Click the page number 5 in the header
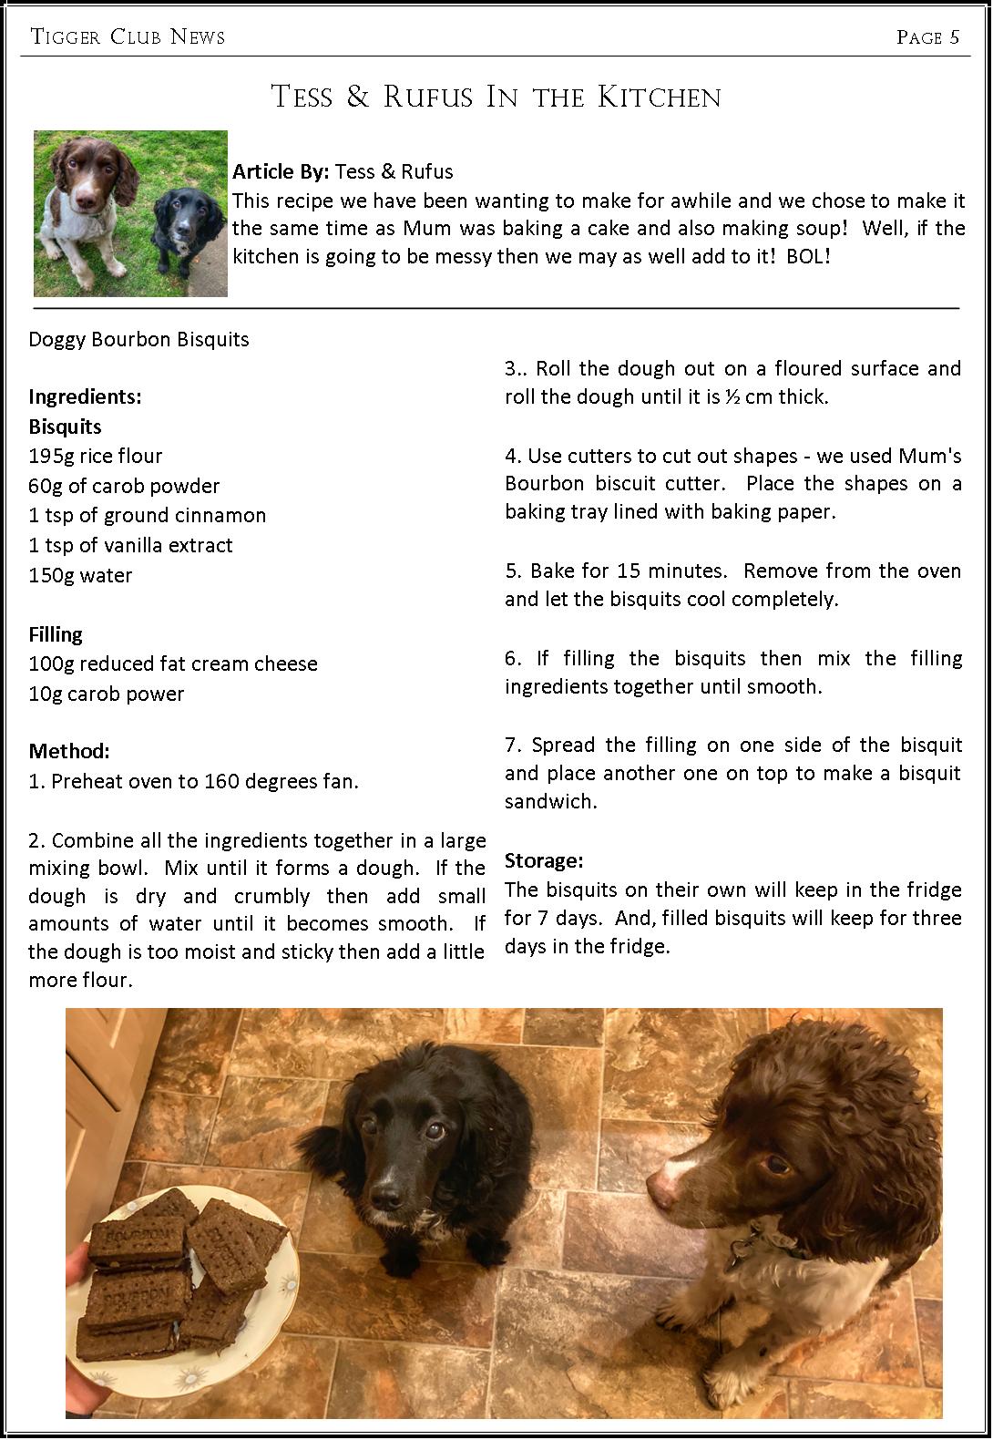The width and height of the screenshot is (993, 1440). (954, 37)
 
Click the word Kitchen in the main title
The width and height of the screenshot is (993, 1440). (660, 98)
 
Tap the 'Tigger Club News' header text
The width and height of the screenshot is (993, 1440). (128, 37)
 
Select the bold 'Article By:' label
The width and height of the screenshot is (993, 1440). (281, 171)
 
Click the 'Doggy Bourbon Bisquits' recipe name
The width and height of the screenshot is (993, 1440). (138, 339)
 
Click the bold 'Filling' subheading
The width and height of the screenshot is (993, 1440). (56, 634)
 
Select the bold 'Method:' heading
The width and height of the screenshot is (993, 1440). (69, 751)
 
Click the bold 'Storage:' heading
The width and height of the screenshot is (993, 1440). (544, 860)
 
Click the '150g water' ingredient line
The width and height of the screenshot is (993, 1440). (80, 575)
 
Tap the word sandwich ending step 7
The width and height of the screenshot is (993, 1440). (550, 802)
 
